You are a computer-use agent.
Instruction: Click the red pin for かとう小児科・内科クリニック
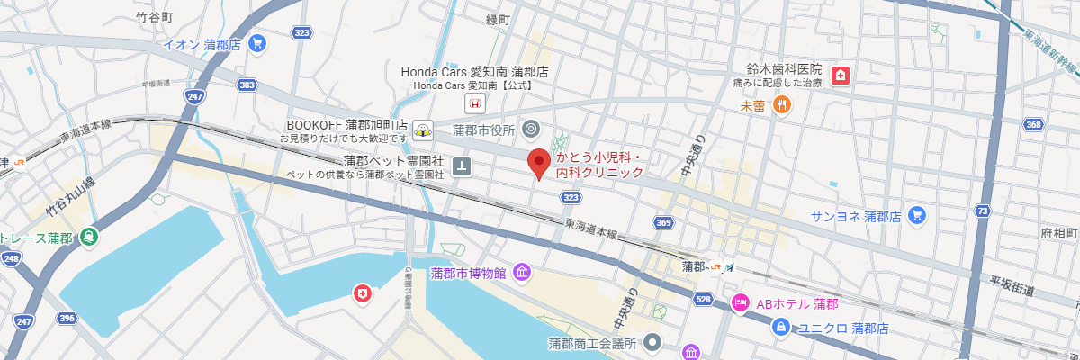538,163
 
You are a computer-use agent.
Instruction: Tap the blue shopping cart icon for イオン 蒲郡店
257,42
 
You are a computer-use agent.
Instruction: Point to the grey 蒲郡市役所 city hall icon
530,130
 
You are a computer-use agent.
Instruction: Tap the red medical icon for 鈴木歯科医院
840,75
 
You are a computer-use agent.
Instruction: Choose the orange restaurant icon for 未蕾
781,105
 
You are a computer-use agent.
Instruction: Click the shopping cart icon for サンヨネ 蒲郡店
917,215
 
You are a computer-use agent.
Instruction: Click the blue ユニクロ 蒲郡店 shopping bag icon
780,328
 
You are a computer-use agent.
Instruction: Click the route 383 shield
247,84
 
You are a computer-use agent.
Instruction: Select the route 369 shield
663,222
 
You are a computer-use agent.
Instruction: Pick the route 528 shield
705,298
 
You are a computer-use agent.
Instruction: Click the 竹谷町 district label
154,16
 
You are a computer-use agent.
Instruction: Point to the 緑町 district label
498,19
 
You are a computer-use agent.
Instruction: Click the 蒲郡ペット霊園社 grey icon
462,166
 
